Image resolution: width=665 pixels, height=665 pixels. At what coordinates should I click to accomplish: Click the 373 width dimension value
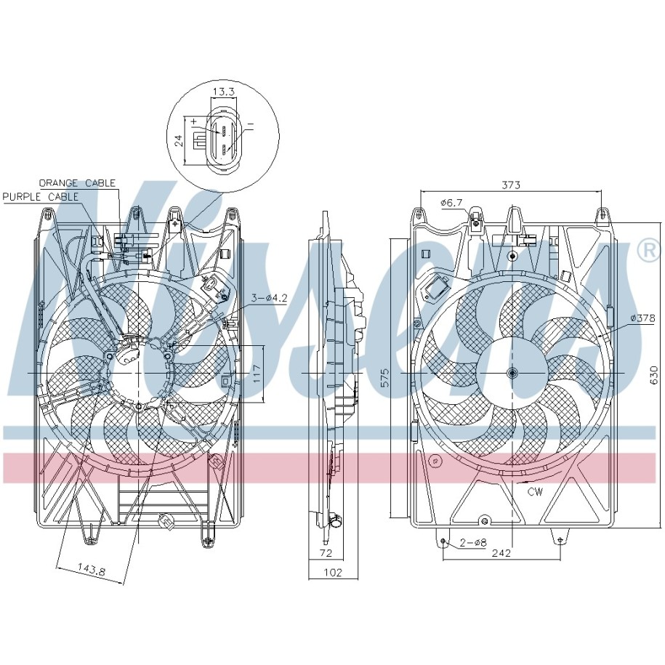click(x=511, y=185)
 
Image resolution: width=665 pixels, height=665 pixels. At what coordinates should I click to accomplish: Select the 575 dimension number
click(x=384, y=377)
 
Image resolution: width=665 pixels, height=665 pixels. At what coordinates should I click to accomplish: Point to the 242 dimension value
click(x=501, y=553)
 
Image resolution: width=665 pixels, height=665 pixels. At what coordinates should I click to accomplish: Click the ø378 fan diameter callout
click(x=642, y=318)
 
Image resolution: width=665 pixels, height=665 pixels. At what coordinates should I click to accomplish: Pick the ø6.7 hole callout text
click(x=451, y=203)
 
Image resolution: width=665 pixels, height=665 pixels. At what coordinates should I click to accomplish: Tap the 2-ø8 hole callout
click(x=473, y=542)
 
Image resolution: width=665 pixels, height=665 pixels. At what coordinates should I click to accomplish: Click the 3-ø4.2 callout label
click(x=270, y=298)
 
